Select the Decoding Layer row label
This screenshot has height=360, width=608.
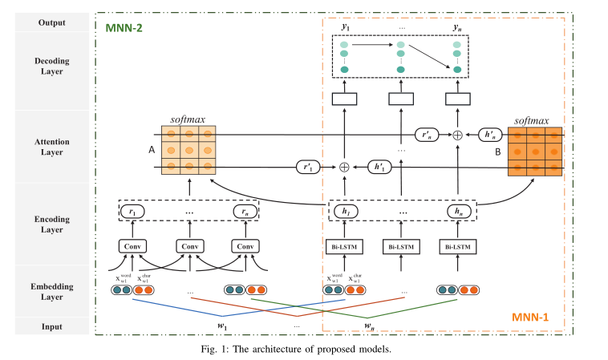pos(51,65)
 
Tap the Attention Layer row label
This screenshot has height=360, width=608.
pos(51,146)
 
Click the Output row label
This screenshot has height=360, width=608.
pos(51,22)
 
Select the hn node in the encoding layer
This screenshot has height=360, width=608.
pos(458,212)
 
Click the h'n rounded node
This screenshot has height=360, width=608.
pos(489,136)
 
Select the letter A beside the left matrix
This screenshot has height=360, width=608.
pos(151,149)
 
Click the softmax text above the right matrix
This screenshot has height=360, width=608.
pos(533,120)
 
